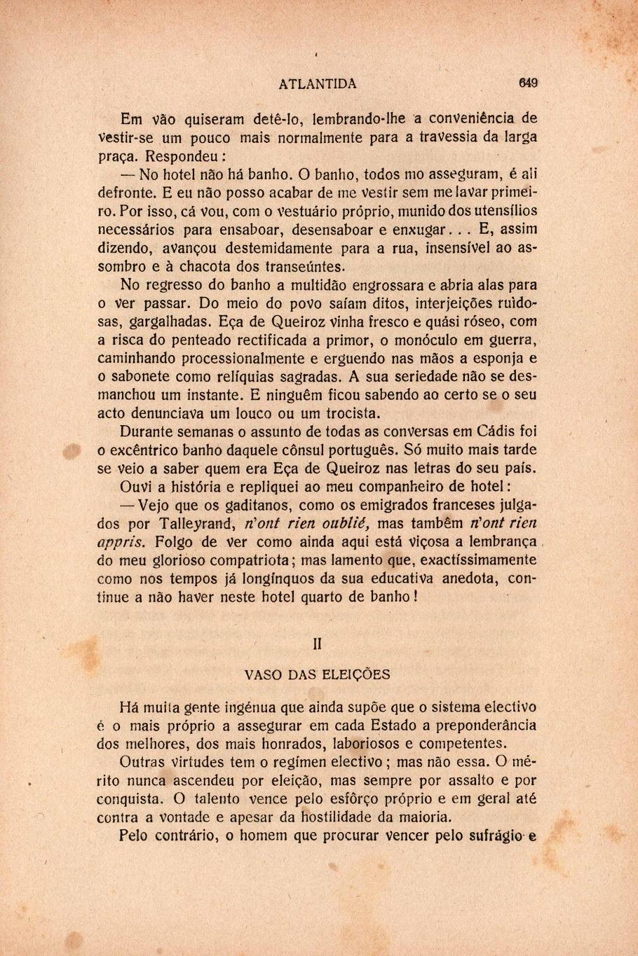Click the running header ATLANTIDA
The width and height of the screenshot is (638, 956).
click(318, 84)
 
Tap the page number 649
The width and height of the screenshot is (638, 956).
click(528, 83)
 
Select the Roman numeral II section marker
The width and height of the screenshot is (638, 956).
click(318, 644)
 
